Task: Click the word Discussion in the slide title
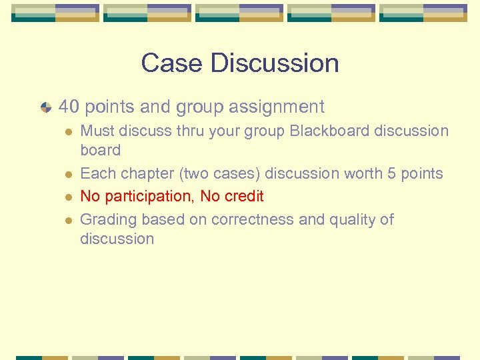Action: (275, 63)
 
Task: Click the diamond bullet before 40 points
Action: (45, 107)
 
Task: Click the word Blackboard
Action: (329, 131)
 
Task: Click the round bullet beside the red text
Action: (68, 197)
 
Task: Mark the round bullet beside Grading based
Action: (68, 220)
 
